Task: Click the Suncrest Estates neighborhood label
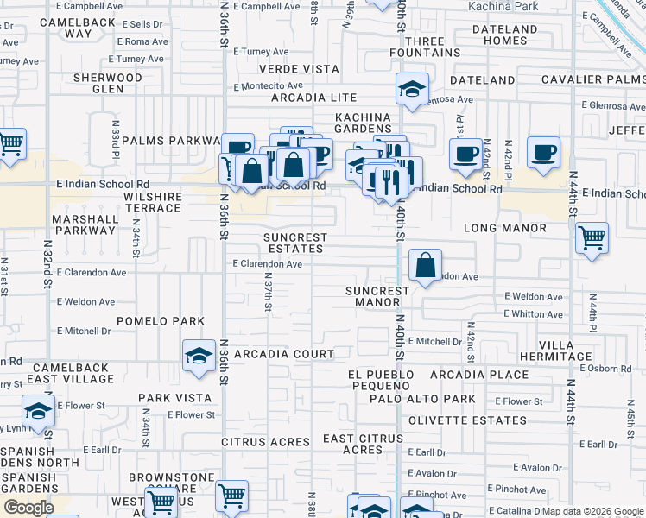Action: coord(295,243)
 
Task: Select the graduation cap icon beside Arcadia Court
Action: coord(199,355)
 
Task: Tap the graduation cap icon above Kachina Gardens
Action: coord(413,89)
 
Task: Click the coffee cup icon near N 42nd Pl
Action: coord(544,153)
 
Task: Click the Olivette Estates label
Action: coord(479,420)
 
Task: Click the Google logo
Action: coord(28,508)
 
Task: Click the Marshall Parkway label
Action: coord(85,224)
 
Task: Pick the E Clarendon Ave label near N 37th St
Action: coord(267,264)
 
